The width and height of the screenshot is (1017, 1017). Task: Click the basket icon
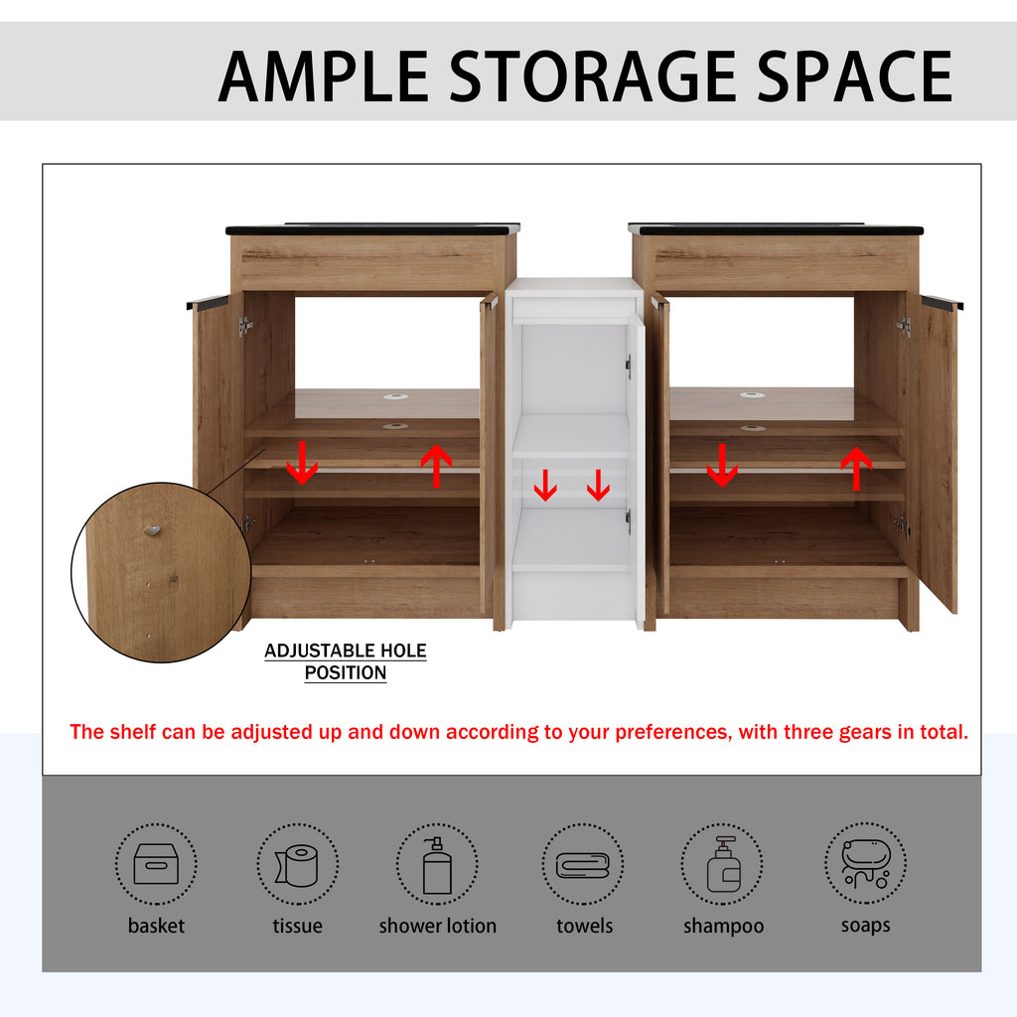(156, 864)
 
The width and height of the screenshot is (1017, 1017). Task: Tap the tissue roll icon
(297, 865)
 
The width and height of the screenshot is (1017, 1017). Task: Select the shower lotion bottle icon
(437, 865)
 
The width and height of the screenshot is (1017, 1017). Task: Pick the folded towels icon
(583, 865)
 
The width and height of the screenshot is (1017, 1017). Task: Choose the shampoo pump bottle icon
(723, 864)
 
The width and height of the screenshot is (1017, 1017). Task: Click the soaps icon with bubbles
(866, 863)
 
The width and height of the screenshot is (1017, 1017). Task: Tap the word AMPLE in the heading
(324, 76)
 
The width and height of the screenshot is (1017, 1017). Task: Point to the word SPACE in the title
(855, 76)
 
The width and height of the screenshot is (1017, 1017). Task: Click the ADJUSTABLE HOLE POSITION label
(346, 661)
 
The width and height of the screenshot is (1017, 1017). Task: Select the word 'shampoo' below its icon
(723, 927)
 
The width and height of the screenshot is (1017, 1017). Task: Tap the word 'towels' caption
(584, 926)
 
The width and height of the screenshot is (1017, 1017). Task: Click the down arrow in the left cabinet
(302, 463)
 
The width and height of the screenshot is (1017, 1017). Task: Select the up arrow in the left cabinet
(437, 466)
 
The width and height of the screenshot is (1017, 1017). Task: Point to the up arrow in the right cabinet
(856, 469)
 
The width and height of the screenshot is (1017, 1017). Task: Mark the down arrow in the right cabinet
(722, 465)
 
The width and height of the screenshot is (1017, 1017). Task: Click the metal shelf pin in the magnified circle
(152, 530)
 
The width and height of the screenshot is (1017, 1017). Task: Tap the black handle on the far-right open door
(942, 302)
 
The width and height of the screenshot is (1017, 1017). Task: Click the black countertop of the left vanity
(373, 229)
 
